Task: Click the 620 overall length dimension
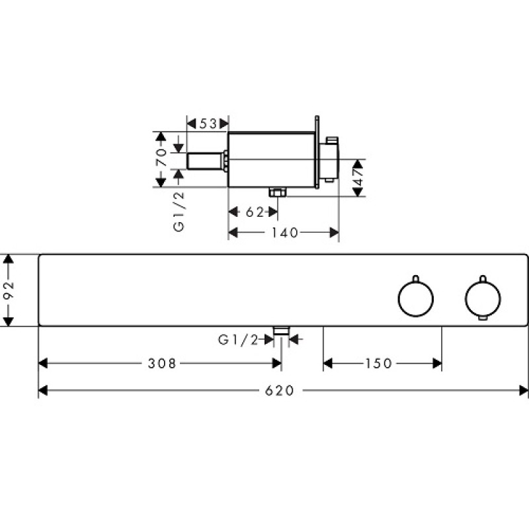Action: tap(279, 391)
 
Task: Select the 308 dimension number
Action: tap(162, 363)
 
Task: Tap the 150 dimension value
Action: tap(378, 363)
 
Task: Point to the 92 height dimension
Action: tap(8, 290)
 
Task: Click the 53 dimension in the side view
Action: tap(208, 124)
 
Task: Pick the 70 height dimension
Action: tap(161, 157)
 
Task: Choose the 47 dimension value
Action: tap(358, 177)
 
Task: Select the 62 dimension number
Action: tap(255, 212)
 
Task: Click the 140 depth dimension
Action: tap(285, 233)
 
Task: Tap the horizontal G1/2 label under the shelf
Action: tap(238, 340)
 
